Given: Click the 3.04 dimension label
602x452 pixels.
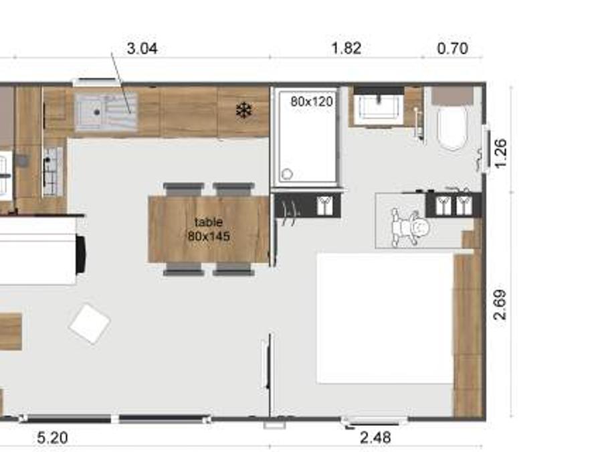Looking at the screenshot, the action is pos(142,49).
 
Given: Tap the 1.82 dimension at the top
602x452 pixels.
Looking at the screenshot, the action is pos(346,48).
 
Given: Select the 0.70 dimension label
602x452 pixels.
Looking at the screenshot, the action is pos(453,48).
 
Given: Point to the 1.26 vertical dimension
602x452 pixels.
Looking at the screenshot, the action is pos(500,153).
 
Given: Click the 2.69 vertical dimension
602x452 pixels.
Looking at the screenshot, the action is pos(500,305).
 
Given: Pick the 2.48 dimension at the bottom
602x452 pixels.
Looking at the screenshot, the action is pos(375,437).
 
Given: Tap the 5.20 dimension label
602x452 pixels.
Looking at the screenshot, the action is pos(53,438).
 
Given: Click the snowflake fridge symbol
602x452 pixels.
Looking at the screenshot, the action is pos(243,110).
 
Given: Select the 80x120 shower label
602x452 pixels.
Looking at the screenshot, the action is pos(312,102).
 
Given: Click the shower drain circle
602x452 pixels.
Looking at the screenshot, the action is pos(287,174).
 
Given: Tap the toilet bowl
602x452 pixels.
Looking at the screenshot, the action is pos(452,127).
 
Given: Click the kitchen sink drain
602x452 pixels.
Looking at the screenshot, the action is pos(97,112).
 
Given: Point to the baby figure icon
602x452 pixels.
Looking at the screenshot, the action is pos(409,227).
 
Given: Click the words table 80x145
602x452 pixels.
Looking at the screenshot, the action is pos(209,229).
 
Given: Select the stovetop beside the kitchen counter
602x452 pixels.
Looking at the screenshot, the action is pos(53,171).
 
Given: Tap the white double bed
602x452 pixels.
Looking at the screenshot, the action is pos(385,318).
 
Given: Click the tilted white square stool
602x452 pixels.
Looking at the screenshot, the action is pos(90,323).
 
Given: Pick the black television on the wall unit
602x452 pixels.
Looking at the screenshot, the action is pos(81,255).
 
